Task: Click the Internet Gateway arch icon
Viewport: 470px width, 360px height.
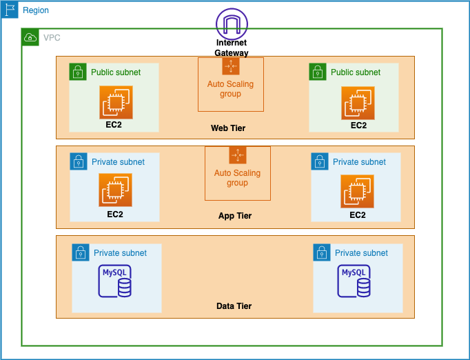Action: coord(232,23)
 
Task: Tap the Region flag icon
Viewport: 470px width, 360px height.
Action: coord(10,10)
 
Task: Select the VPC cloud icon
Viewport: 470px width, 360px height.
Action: coord(30,37)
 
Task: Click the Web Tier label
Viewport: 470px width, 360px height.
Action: coord(228,128)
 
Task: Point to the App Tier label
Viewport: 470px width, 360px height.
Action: coord(235,216)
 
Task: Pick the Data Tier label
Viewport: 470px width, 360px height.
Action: coord(234,306)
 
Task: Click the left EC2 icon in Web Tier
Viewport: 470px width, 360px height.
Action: coord(116,102)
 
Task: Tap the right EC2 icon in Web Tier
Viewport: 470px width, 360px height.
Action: coord(358,103)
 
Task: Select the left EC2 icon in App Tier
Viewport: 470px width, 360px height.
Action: coord(115,190)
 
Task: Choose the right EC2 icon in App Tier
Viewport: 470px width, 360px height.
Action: coord(357,192)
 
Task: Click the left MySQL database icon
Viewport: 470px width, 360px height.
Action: coord(115,281)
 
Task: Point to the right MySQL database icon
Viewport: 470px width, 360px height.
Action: coord(354,281)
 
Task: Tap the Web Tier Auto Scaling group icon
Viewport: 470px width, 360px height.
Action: coord(231,66)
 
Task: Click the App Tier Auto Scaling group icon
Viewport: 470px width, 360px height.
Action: coord(238,155)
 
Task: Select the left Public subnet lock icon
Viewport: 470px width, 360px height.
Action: coord(78,72)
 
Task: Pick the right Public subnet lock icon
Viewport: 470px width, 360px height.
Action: coord(318,72)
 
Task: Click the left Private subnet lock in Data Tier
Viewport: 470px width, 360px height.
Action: coord(81,252)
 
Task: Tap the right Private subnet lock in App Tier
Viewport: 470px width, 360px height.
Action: coord(320,161)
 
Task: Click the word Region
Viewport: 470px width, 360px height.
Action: coord(36,10)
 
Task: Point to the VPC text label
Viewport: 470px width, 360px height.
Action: coord(52,38)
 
